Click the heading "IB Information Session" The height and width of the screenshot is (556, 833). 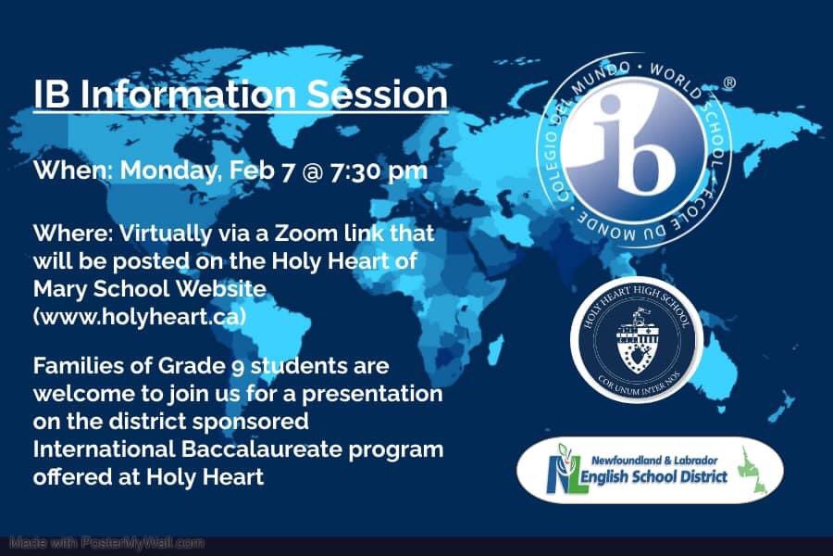[241, 95]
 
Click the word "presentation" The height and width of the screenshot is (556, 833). [379, 394]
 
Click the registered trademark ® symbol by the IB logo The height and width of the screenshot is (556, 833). [729, 83]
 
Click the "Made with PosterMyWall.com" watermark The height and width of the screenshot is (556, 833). [107, 542]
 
